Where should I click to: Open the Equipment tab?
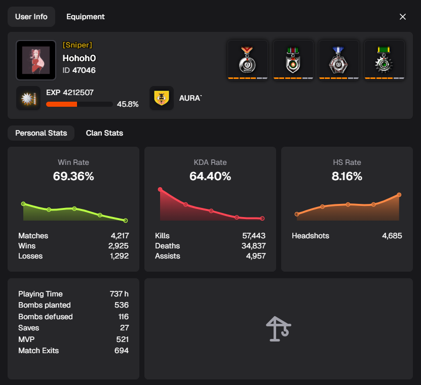point(85,17)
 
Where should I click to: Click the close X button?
point(403,17)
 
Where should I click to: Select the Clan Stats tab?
point(104,133)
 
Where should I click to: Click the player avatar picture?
point(36,60)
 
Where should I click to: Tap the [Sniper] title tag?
point(77,45)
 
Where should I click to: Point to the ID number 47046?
point(84,70)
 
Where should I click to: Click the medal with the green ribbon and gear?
point(385,59)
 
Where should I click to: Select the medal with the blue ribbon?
point(339,59)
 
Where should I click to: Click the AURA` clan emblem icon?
point(162,98)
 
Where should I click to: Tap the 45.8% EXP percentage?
point(128,104)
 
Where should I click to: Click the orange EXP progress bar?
point(62,104)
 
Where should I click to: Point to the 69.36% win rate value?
point(73,177)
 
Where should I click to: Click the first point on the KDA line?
point(160,190)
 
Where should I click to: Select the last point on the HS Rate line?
point(399,195)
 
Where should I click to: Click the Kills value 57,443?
point(254,236)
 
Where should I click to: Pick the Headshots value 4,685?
point(392,236)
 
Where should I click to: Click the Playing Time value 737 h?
point(119,294)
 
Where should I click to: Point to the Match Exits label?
point(39,351)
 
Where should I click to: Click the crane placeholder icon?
point(278,329)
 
